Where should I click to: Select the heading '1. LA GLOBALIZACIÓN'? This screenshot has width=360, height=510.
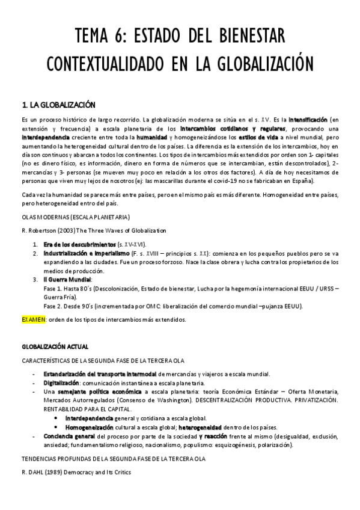(58, 105)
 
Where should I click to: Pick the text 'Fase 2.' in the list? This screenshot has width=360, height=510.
(55, 306)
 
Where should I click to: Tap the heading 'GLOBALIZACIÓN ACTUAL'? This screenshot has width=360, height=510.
(55, 346)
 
